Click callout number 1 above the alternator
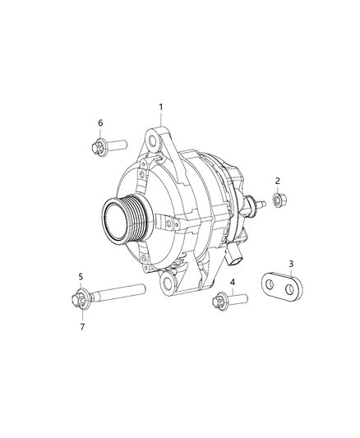(161, 107)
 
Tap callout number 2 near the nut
(278, 181)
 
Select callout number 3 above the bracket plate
(291, 263)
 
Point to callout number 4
(233, 283)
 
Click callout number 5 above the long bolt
(81, 276)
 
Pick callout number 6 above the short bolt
(100, 122)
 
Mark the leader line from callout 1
(161, 118)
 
